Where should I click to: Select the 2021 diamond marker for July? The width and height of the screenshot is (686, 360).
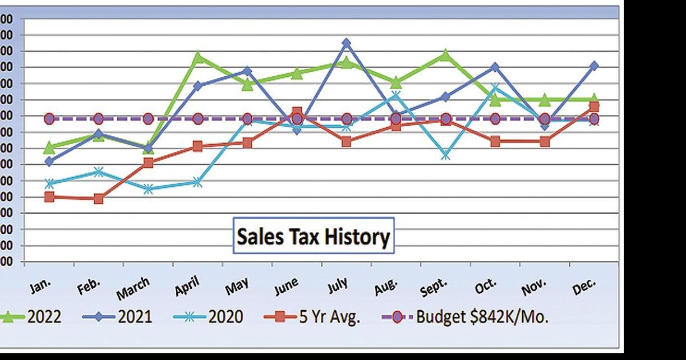347,43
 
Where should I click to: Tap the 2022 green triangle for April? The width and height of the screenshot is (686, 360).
198,57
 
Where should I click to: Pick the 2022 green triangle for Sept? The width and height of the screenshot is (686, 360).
445,55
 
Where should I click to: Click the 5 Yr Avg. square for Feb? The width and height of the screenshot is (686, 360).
99,199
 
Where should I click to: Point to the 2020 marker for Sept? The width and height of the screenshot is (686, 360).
445,155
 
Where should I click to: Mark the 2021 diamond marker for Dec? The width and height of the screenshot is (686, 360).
594,66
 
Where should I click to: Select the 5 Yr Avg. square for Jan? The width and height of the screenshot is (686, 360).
49,197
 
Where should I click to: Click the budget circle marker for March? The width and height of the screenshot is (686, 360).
148,119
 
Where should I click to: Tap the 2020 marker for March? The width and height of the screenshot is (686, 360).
148,190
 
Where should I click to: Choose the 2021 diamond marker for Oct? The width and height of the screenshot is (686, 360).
495,67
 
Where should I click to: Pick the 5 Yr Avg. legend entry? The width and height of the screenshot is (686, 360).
316,317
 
